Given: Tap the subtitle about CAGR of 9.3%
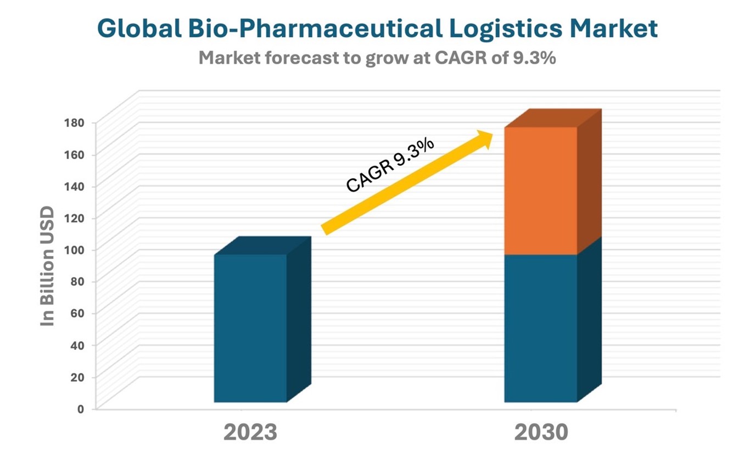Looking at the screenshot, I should coord(377,58).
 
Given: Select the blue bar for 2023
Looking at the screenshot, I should coord(250,328).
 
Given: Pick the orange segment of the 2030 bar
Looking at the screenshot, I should coord(540,190).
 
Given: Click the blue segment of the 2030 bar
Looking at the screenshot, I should coord(540,328).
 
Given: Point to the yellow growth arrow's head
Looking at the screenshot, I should coord(486,138).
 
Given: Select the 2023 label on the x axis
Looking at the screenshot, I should coord(250,433).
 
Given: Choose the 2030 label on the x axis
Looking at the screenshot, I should coord(541,433).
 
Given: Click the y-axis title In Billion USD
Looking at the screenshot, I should coord(49,266).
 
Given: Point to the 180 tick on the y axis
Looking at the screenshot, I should coord(74,122).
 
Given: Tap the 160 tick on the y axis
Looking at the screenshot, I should coord(74,154).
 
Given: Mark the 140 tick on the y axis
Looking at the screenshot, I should coord(74,186).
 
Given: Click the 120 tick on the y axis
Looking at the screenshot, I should coord(74,217).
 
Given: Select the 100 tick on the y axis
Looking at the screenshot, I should coord(74,249).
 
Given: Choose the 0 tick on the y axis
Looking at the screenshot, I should coord(80,409).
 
